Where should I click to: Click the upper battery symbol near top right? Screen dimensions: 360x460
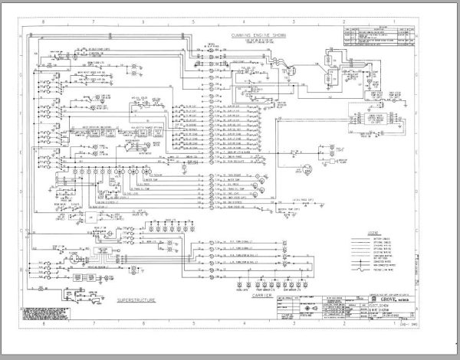click(x=330, y=58)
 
